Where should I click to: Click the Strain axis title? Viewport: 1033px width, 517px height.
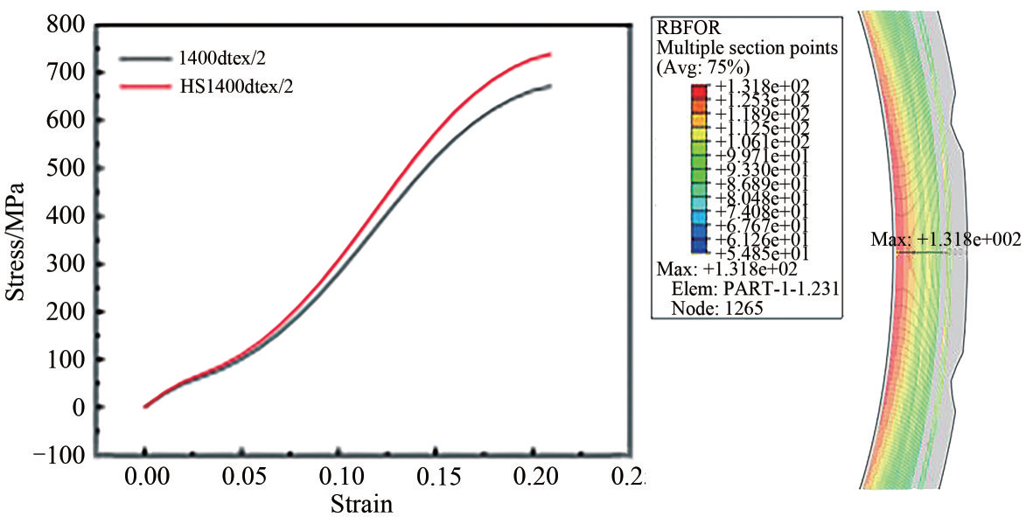(361, 504)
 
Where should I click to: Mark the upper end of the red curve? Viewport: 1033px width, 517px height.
(549, 54)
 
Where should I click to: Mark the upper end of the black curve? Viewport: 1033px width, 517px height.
(549, 86)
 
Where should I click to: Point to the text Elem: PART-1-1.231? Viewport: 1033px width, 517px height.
(756, 288)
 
